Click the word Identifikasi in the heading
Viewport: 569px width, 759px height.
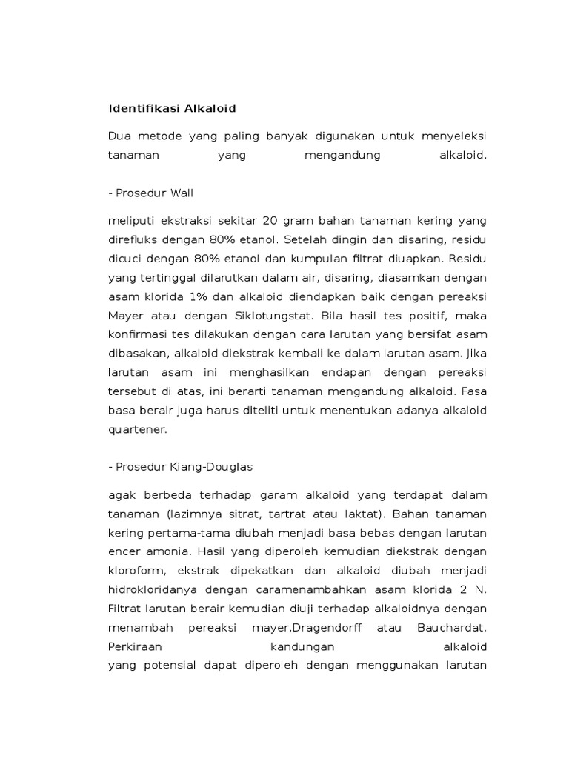(x=138, y=109)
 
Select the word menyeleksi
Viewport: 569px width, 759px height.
(x=454, y=136)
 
